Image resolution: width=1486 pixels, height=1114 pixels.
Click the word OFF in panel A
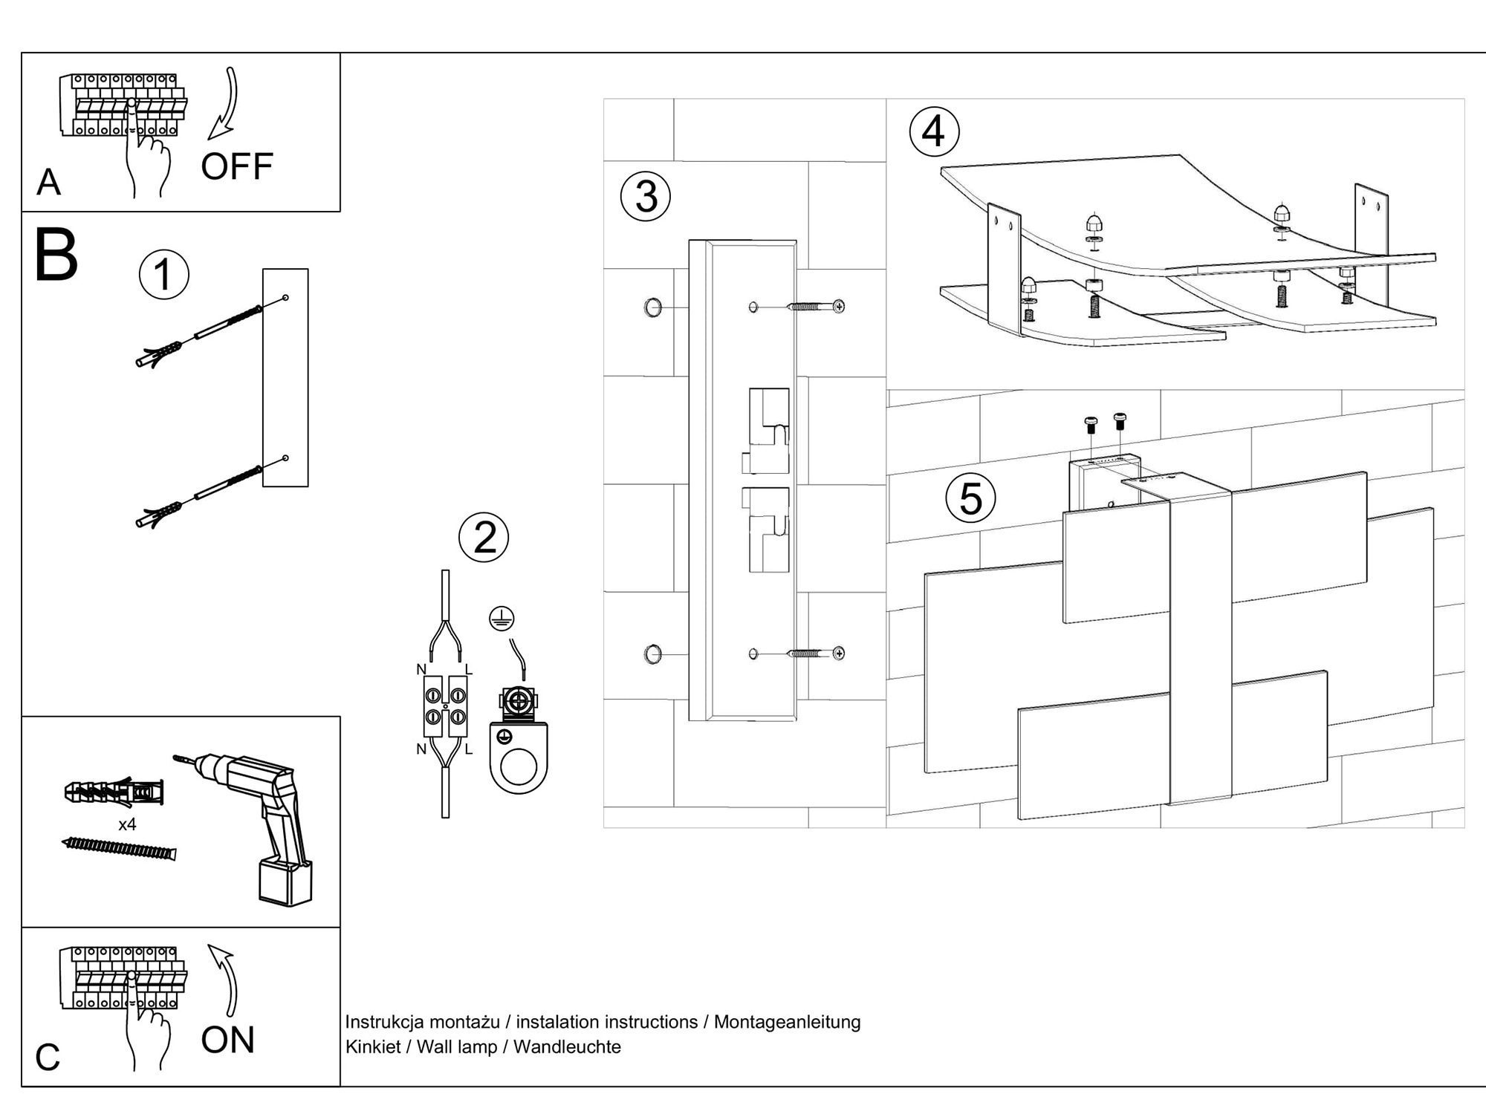pos(237,166)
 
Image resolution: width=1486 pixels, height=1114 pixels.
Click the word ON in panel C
pos(228,1040)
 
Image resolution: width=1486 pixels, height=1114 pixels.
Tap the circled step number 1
pos(163,275)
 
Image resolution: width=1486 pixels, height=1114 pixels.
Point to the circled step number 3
pos(646,197)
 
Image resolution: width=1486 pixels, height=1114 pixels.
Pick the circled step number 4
pos(934,132)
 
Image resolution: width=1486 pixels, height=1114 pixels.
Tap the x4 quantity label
pos(127,824)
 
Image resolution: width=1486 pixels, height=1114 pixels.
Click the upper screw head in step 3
pos(839,306)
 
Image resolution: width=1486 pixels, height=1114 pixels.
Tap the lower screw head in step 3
pos(839,654)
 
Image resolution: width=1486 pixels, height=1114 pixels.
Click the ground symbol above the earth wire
pos(502,618)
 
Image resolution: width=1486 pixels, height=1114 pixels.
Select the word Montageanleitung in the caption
pos(787,1022)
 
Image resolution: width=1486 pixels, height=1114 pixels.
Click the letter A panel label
pos(48,182)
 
